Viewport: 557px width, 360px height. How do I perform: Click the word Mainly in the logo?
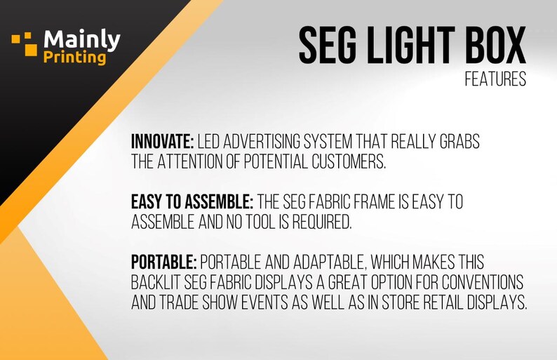click(x=81, y=39)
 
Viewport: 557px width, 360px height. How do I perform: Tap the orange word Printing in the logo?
click(x=74, y=57)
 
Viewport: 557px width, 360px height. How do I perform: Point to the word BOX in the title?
click(x=494, y=47)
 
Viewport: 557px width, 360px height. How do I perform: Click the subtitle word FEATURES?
click(x=495, y=80)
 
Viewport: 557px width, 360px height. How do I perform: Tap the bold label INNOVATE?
click(x=162, y=142)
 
